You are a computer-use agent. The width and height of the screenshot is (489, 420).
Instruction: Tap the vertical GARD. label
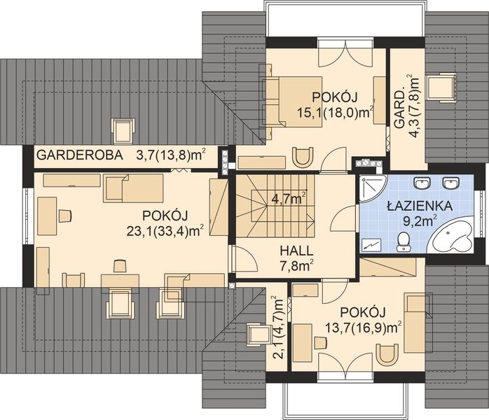coord(400,112)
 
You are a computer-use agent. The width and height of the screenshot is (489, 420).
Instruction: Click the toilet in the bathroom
coord(403,241)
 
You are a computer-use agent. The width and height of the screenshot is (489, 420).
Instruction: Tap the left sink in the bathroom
coord(422,184)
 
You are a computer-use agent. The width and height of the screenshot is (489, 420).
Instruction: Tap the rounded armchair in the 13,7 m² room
coord(386,354)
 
